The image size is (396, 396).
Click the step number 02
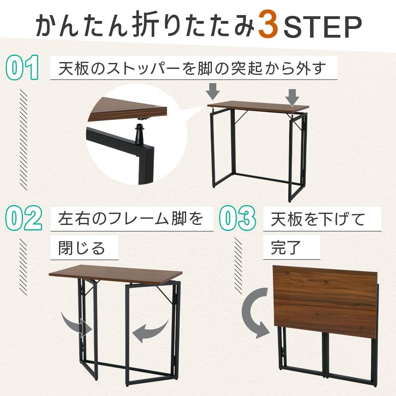[x=25, y=219]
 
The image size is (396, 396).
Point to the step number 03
[x=237, y=219]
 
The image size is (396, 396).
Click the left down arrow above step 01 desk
[x=213, y=91]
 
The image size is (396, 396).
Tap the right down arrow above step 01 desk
[x=292, y=97]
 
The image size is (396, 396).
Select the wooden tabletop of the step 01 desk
[x=257, y=106]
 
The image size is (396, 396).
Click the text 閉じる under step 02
[x=82, y=248]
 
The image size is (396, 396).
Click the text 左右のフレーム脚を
[x=131, y=219]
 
